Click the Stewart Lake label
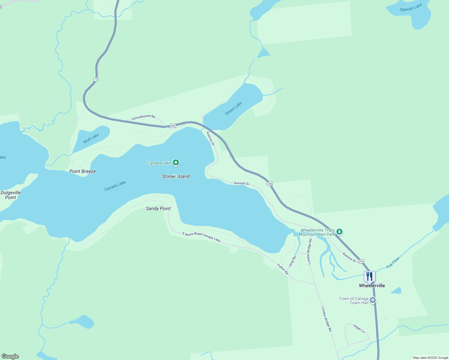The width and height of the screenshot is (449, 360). coord(411,7)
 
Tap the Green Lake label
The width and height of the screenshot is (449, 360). coord(234,108)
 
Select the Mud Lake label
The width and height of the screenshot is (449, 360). coord(91,139)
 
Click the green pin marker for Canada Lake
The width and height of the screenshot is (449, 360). coord(176,163)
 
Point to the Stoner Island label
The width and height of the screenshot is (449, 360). coord(176,176)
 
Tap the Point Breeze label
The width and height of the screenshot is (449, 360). coord(83,171)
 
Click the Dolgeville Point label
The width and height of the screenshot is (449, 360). coord(11,195)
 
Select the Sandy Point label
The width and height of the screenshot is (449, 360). coord(158,208)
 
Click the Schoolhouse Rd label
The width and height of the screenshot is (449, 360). coord(143,117)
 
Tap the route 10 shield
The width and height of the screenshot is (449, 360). coord(96,79)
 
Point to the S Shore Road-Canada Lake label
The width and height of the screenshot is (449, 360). coord(201,237)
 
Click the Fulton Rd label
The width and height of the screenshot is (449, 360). coord(283,269)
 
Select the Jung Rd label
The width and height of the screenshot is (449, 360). coord(292,261)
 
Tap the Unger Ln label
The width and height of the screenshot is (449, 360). coord(359,329)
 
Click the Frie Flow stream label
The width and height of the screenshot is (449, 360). coord(393,262)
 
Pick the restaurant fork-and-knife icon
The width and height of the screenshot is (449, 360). coord(369,276)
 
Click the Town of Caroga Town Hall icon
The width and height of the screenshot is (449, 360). coord(373,300)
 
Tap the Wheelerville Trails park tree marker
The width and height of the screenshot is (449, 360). coord(339,232)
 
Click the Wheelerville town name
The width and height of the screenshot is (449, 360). coord(372,286)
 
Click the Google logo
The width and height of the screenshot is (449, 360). coord(10,356)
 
